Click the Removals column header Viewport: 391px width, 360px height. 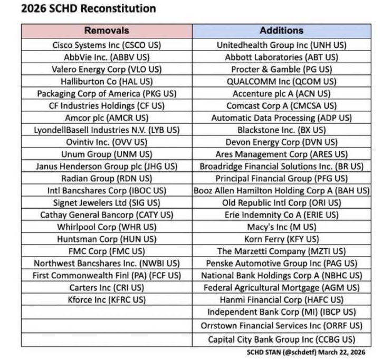coord(107,31)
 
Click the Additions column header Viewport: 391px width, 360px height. coord(281,31)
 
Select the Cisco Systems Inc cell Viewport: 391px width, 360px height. coord(107,45)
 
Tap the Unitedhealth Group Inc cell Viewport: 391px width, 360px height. coord(281,45)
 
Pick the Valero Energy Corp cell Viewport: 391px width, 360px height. coord(107,69)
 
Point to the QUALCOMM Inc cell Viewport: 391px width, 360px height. coord(281,81)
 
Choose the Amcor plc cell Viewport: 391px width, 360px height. coord(107,118)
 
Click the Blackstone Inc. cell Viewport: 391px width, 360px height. coord(281,130)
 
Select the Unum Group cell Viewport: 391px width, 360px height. coord(107,154)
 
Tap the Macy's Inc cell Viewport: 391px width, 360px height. coord(281,227)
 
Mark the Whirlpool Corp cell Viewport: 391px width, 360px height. coord(107,227)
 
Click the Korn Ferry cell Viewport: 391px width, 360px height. coord(281,239)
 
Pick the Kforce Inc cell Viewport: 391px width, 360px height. coord(107,299)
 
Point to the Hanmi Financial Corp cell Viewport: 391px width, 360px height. coord(281,299)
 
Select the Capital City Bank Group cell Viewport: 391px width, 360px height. coord(281,339)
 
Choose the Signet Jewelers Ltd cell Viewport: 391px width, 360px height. coord(107,202)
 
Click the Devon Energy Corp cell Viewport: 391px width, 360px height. coord(281,142)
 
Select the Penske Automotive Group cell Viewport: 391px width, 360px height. coord(281,263)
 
